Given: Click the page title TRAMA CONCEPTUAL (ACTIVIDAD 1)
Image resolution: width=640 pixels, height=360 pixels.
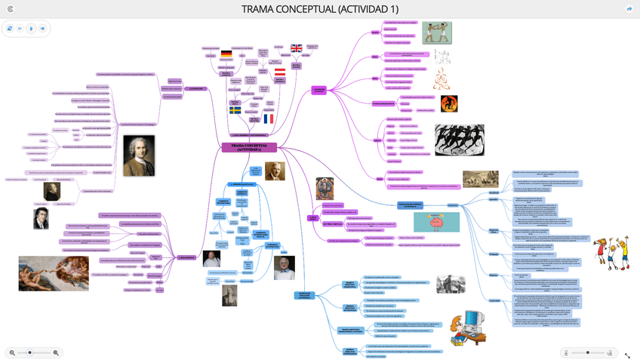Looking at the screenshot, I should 319,9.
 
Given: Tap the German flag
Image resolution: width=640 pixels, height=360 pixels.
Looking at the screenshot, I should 226,54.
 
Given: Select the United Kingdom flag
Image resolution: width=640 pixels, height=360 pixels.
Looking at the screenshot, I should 296,48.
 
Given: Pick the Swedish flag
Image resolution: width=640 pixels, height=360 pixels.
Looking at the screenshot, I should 235,110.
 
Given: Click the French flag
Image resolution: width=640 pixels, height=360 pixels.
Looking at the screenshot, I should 269,118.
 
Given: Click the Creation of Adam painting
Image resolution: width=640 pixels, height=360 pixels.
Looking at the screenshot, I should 48,272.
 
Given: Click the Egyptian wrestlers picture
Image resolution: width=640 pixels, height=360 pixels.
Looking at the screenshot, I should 436,32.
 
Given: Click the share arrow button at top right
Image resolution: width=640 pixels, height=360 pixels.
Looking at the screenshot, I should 629,9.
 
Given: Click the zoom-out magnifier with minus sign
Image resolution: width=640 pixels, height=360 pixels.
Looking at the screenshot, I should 12,352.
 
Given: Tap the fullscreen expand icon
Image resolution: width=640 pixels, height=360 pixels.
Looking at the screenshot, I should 627,355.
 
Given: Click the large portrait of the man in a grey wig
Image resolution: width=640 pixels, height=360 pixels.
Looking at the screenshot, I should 138,156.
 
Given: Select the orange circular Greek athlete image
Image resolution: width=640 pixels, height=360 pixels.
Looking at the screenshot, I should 449,103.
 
